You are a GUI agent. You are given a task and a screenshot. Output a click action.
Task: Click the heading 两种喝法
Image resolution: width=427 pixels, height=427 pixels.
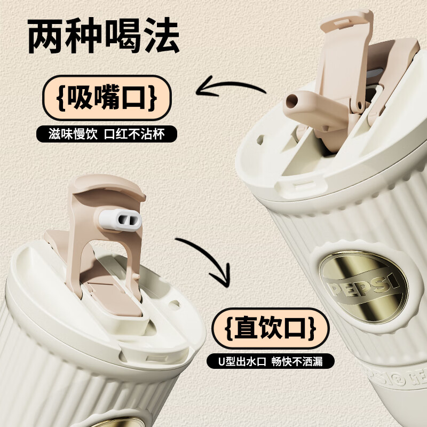pyautogui.click(x=104, y=36)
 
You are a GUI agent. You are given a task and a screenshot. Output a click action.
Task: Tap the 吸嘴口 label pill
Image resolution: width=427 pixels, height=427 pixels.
pyautogui.click(x=107, y=98)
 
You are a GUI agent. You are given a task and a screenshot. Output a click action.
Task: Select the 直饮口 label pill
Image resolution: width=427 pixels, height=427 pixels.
pyautogui.click(x=271, y=328)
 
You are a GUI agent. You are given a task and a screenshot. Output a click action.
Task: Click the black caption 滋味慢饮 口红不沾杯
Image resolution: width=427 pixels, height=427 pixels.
pyautogui.click(x=107, y=134)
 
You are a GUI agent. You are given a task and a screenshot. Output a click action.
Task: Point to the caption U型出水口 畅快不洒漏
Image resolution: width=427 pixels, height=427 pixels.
pyautogui.click(x=270, y=361)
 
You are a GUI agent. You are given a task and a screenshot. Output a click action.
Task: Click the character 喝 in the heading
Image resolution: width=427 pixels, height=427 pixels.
pyautogui.click(x=123, y=36)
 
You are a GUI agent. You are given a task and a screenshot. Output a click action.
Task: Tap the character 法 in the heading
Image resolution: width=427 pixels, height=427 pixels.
pyautogui.click(x=162, y=36)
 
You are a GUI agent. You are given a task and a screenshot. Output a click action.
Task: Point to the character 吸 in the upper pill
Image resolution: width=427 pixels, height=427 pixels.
pyautogui.click(x=81, y=97)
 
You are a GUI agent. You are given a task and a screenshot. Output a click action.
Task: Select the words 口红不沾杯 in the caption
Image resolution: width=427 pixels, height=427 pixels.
pyautogui.click(x=135, y=134)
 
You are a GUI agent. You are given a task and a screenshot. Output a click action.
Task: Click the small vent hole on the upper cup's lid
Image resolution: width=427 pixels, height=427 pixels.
pyautogui.click(x=260, y=140)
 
